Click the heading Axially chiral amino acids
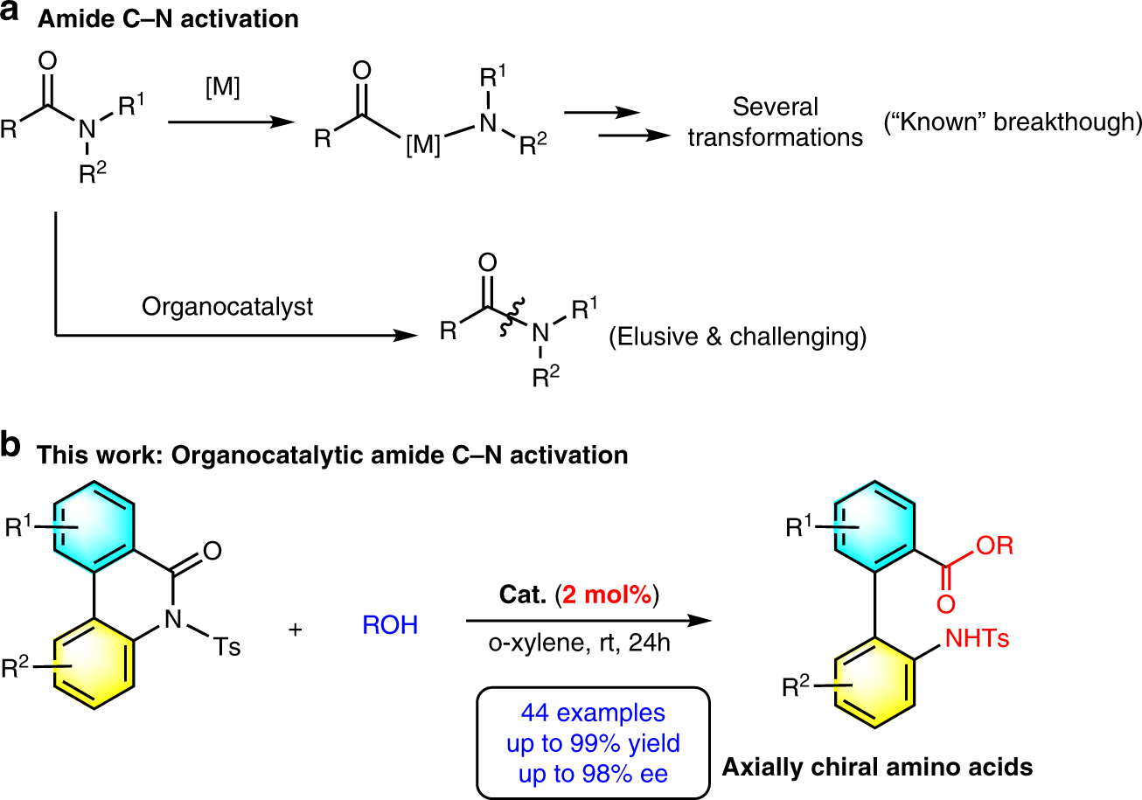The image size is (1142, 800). (x=877, y=769)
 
